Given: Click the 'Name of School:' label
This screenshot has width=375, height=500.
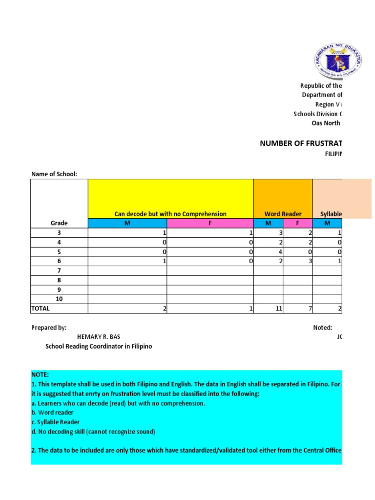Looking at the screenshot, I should pyautogui.click(x=54, y=174).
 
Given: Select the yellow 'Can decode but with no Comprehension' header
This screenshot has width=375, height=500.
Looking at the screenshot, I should pyautogui.click(x=170, y=214).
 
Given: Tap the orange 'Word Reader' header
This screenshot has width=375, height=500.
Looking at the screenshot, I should pyautogui.click(x=283, y=214).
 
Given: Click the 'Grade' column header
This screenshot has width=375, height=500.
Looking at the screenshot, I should pyautogui.click(x=59, y=223).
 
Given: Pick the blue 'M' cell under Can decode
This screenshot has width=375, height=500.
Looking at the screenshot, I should pyautogui.click(x=127, y=223).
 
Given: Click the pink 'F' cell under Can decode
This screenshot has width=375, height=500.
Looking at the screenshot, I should pyautogui.click(x=210, y=223).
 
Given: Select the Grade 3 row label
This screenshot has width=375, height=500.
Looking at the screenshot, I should pyautogui.click(x=59, y=233).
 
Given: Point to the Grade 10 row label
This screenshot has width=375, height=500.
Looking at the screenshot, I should pyautogui.click(x=59, y=299).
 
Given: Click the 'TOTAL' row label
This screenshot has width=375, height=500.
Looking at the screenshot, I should pyautogui.click(x=41, y=309).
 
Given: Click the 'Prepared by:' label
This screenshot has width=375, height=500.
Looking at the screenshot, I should pyautogui.click(x=49, y=328).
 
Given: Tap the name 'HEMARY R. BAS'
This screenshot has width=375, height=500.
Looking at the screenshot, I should pyautogui.click(x=98, y=337).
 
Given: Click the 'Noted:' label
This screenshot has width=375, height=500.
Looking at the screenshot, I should pyautogui.click(x=322, y=328).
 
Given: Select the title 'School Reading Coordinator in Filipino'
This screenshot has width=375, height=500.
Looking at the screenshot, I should pyautogui.click(x=99, y=346).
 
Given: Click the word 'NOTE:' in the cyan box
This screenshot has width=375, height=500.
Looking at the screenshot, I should pyautogui.click(x=40, y=375).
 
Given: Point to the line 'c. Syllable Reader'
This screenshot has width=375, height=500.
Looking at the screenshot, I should pyautogui.click(x=55, y=422).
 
